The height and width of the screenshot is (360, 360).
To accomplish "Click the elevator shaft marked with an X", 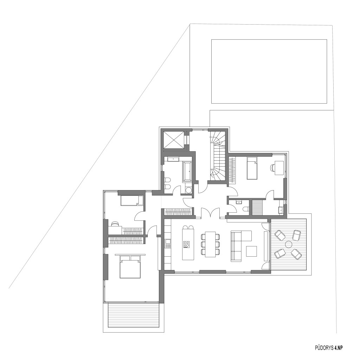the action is (174, 140).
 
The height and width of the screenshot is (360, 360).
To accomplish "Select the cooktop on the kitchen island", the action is (186, 244).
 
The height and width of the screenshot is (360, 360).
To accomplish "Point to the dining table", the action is (210, 244).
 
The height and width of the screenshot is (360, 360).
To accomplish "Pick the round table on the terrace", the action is (288, 244).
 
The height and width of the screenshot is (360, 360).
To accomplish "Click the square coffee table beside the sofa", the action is (252, 251).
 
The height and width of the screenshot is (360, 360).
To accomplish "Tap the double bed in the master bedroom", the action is (130, 266).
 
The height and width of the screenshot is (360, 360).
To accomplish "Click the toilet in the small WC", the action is (246, 209).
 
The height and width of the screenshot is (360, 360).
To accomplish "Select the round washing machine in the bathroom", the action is (189, 190).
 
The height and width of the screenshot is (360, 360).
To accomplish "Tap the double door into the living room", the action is (211, 212).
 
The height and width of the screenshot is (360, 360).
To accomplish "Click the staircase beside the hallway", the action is (218, 156).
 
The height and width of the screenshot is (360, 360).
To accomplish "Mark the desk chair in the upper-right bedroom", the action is (272, 168).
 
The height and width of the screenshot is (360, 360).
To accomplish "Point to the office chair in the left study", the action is (115, 223).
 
